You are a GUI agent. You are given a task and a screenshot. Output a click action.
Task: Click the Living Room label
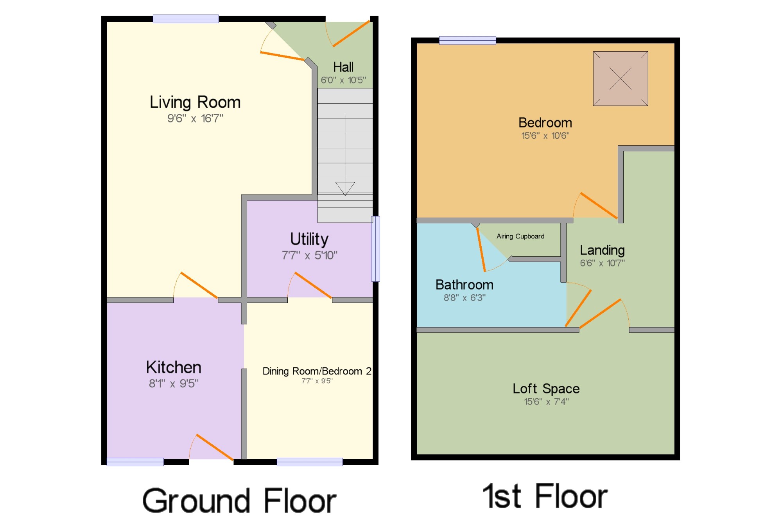(195, 102)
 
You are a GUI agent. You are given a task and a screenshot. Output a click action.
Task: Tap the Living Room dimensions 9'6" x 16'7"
(195, 118)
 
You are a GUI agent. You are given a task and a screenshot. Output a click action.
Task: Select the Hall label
(343, 67)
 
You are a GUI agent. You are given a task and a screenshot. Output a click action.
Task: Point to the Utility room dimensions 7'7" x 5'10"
(309, 256)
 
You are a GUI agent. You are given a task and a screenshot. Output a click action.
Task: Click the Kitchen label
(174, 367)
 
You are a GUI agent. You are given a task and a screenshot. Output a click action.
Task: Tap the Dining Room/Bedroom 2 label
(317, 371)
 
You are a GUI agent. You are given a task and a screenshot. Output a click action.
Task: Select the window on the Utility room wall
(375, 249)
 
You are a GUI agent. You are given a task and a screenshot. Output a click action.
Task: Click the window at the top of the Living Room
(186, 19)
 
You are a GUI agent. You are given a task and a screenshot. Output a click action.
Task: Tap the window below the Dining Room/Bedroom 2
(310, 462)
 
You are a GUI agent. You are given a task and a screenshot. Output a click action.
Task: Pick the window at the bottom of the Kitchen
(135, 462)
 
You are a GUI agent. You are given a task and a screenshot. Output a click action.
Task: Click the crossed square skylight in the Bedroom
(621, 79)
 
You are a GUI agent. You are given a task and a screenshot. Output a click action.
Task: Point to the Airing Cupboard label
(520, 236)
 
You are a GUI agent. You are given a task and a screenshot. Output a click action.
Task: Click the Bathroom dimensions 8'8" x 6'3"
(465, 298)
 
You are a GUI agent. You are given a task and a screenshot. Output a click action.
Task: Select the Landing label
(602, 250)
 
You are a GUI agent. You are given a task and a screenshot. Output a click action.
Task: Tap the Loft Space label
(546, 389)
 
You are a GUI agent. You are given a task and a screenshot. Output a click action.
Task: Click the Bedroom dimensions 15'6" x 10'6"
(545, 136)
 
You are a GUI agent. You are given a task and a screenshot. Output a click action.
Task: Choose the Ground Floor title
(239, 501)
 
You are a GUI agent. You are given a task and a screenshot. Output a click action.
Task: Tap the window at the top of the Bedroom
(468, 40)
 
